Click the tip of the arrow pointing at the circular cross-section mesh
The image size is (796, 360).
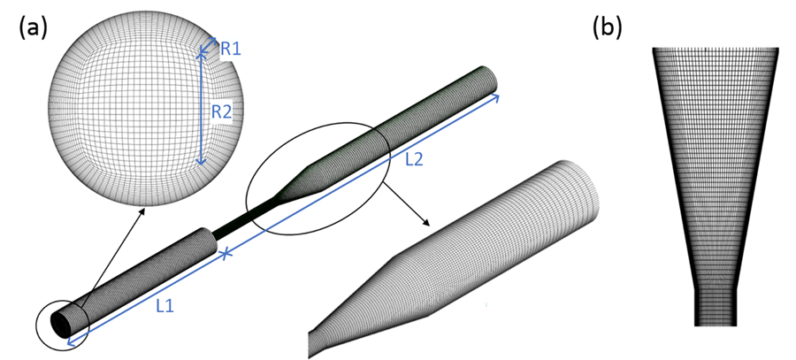coord(144,208)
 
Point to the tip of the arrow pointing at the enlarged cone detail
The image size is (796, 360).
coord(430,226)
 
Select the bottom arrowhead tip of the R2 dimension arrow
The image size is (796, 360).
coord(202,165)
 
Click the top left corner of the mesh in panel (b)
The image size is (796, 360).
coord(653,48)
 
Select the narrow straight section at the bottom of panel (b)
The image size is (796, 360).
coord(715,308)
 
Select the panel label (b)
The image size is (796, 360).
coord(607,28)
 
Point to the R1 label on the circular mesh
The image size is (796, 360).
coord(231,49)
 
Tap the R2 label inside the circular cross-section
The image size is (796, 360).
coord(222,111)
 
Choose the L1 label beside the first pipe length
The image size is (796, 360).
coord(165,305)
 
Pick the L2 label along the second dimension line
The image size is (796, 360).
coord(414,160)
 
